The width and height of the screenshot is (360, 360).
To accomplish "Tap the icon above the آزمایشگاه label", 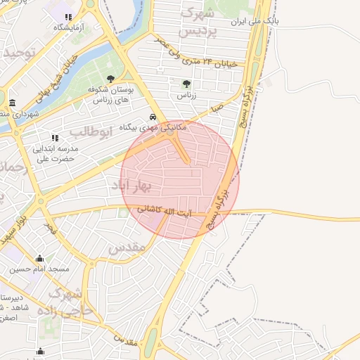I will pyautogui.click(x=68, y=17).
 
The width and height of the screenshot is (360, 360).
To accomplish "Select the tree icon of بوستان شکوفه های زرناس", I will pyautogui.click(x=110, y=79).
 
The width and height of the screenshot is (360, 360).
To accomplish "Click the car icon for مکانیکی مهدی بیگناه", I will pyautogui.click(x=153, y=117).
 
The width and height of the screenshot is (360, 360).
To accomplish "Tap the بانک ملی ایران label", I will pyautogui.click(x=257, y=22).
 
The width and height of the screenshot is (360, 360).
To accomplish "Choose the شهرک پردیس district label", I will pyautogui.click(x=200, y=22).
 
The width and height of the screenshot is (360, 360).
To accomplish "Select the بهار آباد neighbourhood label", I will pyautogui.click(x=131, y=186).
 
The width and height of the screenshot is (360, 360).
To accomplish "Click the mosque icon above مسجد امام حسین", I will pyautogui.click(x=39, y=258).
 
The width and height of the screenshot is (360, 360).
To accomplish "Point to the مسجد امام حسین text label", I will pyautogui.click(x=39, y=269).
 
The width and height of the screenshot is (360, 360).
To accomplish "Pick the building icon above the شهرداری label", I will pyautogui.click(x=13, y=103).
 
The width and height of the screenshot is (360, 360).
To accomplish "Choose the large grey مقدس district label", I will pyautogui.click(x=127, y=247).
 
